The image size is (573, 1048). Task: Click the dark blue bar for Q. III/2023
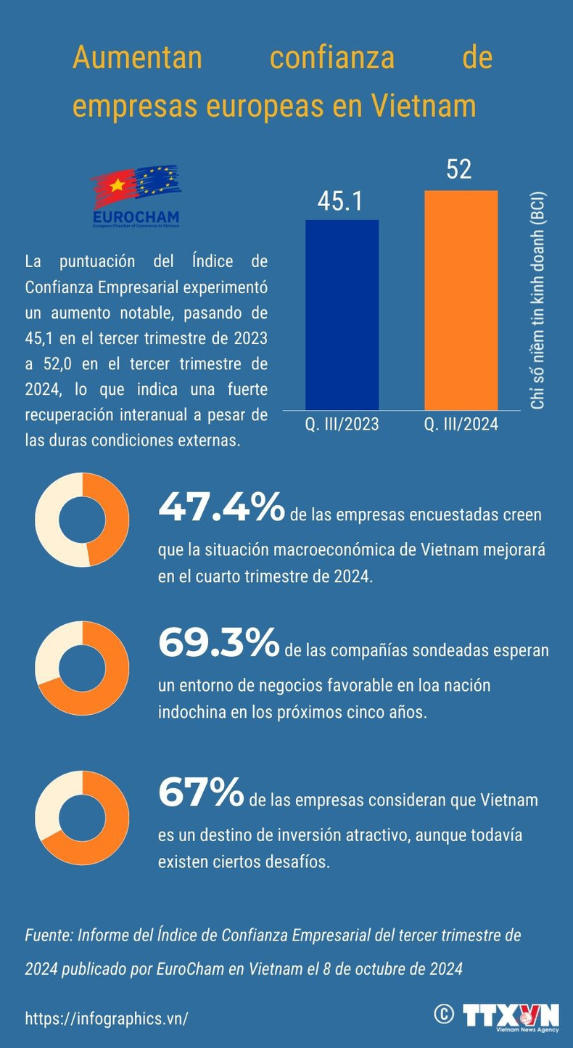point(342,314)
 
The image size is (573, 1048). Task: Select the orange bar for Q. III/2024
point(461,299)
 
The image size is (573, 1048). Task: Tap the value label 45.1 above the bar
point(341,202)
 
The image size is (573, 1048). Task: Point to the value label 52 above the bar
point(459,170)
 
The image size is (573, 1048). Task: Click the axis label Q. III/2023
point(342,425)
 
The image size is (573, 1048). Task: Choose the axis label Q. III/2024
point(461,425)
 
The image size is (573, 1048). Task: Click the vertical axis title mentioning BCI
point(537,300)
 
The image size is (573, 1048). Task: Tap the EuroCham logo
point(136,197)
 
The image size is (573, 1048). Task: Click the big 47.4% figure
point(220,507)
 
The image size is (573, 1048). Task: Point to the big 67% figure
point(200,792)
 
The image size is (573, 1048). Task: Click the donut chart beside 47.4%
point(82,520)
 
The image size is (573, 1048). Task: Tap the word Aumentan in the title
point(137,58)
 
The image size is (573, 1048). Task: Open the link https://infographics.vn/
point(107,1018)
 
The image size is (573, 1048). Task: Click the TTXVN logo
point(511,1015)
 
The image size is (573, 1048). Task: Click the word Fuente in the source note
point(46,936)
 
